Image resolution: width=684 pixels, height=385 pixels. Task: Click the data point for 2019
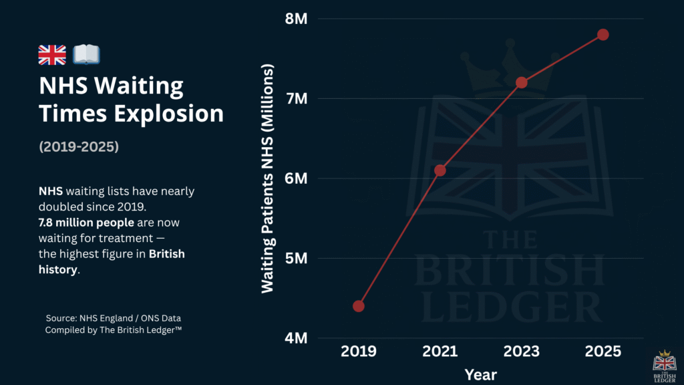click(359, 306)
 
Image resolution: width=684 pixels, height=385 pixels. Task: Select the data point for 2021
click(440, 170)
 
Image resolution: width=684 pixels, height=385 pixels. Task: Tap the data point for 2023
click(522, 82)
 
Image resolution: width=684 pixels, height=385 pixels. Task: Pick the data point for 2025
click(603, 35)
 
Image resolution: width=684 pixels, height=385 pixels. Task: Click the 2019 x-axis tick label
click(359, 352)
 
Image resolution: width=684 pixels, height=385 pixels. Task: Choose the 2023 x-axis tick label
click(522, 352)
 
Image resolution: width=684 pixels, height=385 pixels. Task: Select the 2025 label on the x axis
click(603, 352)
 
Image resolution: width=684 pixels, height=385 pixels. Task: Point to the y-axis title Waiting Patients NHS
click(268, 178)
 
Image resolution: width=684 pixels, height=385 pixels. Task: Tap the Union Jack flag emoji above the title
click(52, 55)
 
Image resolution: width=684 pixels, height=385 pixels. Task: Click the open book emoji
click(85, 55)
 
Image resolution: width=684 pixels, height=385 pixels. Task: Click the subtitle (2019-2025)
click(79, 146)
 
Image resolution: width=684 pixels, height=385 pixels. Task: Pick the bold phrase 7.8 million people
click(86, 223)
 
